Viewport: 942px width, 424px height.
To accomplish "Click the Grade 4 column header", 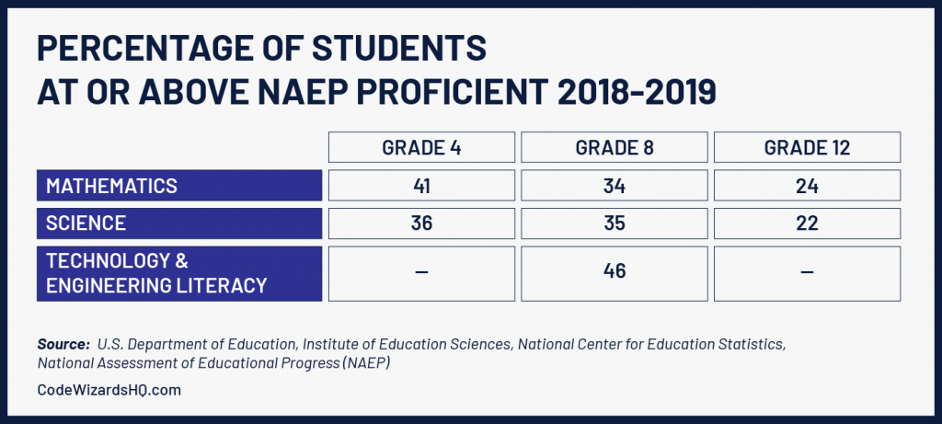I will (421, 148).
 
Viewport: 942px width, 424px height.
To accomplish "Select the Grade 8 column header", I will (615, 148).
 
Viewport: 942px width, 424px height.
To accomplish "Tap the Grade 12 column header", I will (807, 148).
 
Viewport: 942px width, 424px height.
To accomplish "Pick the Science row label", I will (86, 223).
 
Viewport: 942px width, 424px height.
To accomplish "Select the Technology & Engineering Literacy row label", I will (156, 273).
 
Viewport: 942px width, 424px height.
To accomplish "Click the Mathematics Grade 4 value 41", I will (421, 186).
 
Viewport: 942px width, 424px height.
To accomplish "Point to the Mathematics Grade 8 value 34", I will (615, 186).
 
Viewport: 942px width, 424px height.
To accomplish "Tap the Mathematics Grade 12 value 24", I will (807, 186).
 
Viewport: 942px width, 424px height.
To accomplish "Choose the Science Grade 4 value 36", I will (421, 223).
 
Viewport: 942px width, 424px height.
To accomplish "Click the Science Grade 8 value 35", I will (615, 223).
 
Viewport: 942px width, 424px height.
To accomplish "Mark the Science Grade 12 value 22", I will (807, 223).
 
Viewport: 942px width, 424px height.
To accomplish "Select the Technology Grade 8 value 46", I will (615, 273).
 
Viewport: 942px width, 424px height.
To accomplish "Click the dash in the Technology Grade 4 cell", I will (421, 273).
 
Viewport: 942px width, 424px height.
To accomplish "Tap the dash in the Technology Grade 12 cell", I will (807, 273).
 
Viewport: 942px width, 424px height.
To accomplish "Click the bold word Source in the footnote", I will (62, 344).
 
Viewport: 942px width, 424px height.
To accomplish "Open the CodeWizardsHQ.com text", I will (109, 390).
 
